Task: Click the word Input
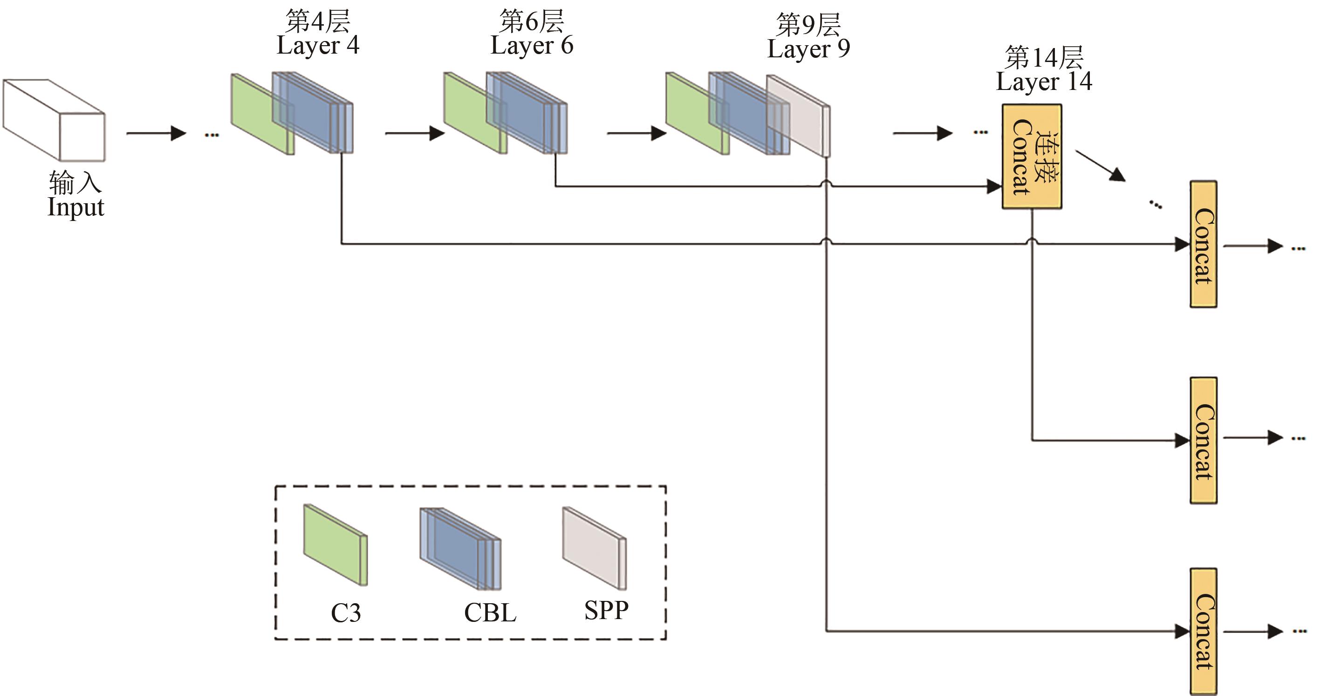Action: (76, 207)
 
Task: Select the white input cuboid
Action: (54, 121)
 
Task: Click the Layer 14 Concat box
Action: (1032, 157)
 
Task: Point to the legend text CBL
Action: (490, 613)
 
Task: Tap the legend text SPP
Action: (606, 610)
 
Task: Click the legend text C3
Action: (346, 613)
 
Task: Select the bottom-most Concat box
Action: (1203, 631)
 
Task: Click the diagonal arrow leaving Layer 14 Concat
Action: (1100, 165)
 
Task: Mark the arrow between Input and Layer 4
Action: (156, 133)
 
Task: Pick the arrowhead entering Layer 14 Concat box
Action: (994, 186)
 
